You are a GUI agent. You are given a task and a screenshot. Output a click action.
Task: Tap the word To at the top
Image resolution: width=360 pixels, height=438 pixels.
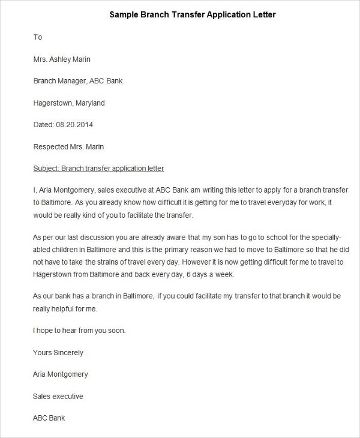[38, 37]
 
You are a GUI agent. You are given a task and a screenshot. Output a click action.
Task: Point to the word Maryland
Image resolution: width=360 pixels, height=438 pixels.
[90, 103]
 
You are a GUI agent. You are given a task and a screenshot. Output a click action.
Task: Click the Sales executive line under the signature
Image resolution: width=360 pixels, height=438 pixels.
[58, 397]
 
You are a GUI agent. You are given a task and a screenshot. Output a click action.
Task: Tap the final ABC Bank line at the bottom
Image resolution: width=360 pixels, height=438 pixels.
[49, 418]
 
